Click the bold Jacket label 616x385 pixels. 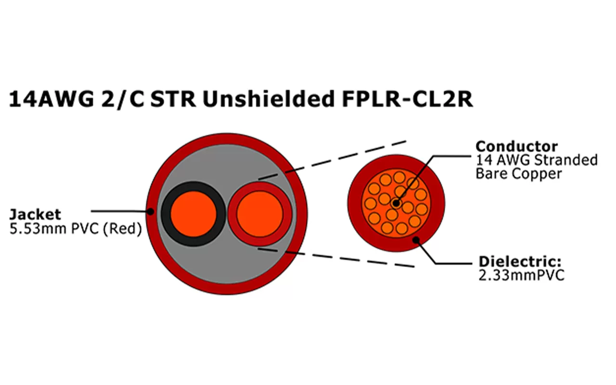35,214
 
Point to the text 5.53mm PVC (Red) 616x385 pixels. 76,229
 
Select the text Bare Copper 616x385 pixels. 518,173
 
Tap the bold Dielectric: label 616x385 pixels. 520,262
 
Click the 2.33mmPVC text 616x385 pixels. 521,275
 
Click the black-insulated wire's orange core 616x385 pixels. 193,214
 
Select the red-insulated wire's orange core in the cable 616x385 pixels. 259,214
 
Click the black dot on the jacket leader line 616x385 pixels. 151,211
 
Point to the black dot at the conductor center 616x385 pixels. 396,203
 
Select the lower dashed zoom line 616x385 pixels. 337,257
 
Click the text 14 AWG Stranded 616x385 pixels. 536,160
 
